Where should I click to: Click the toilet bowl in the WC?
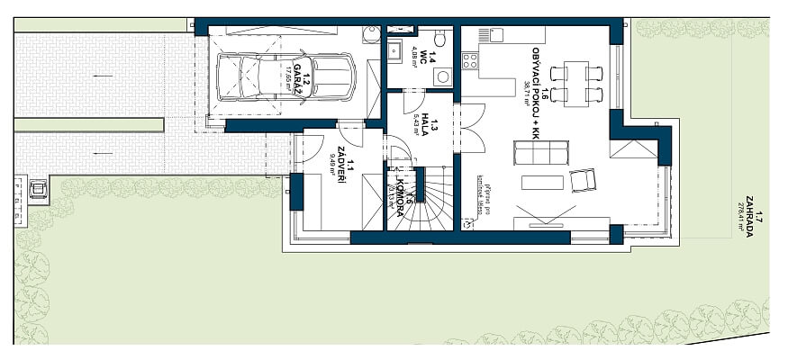(439, 39)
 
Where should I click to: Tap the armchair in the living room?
(583, 182)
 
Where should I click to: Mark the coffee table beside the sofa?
(542, 183)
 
